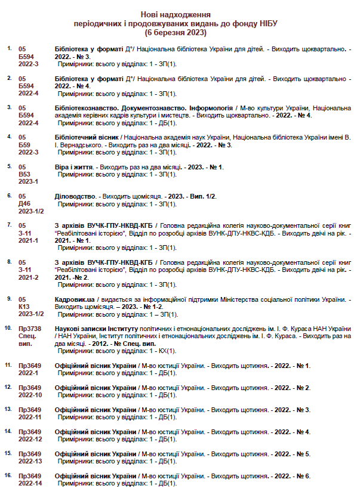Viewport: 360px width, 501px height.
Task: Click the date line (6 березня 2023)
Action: tap(180, 32)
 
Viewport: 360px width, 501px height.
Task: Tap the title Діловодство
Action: tap(75, 196)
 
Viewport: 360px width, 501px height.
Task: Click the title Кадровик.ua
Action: tap(75, 299)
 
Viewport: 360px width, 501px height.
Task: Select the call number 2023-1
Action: tap(28, 181)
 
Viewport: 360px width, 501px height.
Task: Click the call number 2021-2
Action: tap(28, 277)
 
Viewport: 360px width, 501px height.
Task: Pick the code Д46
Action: tap(25, 203)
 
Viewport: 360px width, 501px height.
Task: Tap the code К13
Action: tap(25, 306)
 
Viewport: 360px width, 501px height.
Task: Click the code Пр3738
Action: tap(30, 329)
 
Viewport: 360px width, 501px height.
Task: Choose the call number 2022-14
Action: tap(30, 483)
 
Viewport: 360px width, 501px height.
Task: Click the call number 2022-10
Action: tap(30, 395)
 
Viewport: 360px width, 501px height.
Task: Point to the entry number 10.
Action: tap(8, 328)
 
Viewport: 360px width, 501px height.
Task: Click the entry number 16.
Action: tap(8, 475)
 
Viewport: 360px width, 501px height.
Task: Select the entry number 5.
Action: tap(8, 166)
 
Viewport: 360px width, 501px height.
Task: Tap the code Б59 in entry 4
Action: tap(25, 144)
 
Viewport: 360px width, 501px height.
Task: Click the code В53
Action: tap(25, 174)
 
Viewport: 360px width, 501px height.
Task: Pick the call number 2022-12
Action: tap(30, 439)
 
